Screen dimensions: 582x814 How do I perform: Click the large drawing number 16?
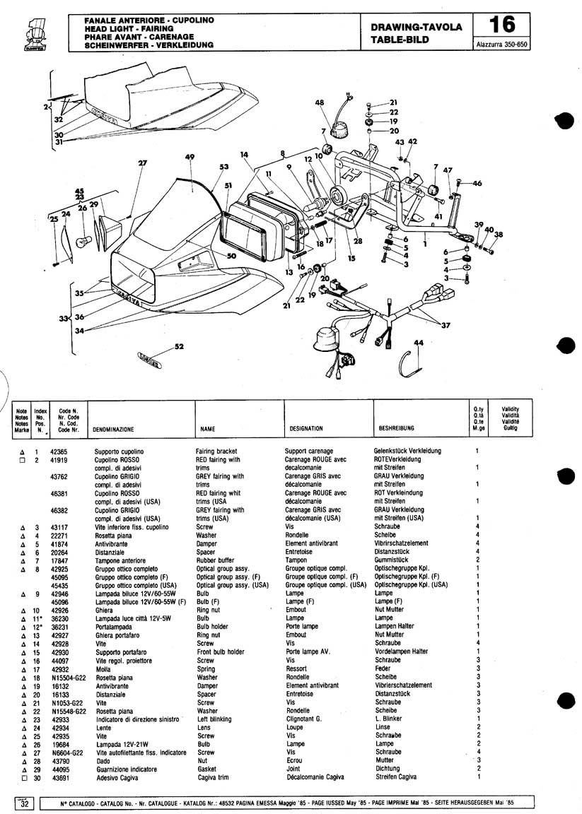pyautogui.click(x=502, y=25)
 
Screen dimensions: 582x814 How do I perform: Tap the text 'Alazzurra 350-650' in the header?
pyautogui.click(x=501, y=45)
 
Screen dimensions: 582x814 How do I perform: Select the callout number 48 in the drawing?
pyautogui.click(x=320, y=102)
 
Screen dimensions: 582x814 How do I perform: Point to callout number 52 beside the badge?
pyautogui.click(x=180, y=346)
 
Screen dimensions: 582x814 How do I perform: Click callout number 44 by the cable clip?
pyautogui.click(x=419, y=343)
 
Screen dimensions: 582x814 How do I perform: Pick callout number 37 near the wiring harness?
pyautogui.click(x=446, y=326)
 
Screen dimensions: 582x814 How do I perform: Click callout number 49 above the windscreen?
pyautogui.click(x=190, y=158)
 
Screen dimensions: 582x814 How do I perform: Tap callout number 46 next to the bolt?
pyautogui.click(x=477, y=183)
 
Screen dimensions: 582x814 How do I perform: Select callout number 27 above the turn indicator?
pyautogui.click(x=142, y=163)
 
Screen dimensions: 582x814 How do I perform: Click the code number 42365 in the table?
pyautogui.click(x=59, y=452)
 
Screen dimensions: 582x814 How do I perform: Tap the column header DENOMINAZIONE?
pyautogui.click(x=113, y=430)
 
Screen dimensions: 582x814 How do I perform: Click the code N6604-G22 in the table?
pyautogui.click(x=67, y=753)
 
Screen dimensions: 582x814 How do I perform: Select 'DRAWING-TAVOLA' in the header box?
pyautogui.click(x=417, y=27)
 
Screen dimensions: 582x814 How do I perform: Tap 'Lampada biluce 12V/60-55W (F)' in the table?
pyautogui.click(x=140, y=602)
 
